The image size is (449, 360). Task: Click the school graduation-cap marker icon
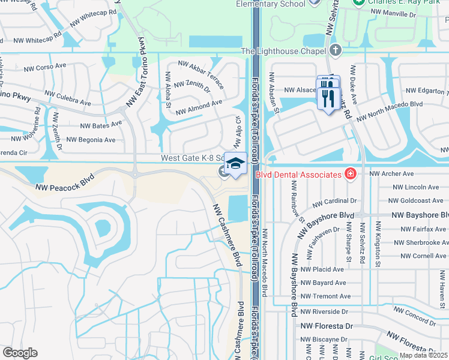[236, 164]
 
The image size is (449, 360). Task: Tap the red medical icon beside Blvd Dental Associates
[351, 174]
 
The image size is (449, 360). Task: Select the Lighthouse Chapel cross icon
[336, 50]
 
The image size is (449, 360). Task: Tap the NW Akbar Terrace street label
[200, 74]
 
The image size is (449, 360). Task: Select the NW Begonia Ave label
[91, 140]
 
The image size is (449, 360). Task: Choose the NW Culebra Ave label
[67, 99]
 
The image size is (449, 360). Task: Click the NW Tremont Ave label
[325, 296]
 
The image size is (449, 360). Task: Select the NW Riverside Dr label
[324, 312]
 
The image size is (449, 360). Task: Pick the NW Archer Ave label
[392, 173]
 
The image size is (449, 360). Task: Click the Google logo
[20, 353]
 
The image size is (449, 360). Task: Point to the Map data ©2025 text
[424, 355]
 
